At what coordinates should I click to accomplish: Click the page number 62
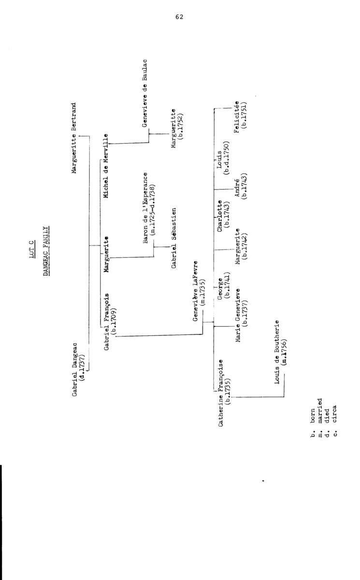click(x=179, y=17)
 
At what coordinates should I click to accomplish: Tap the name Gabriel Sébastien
click(x=173, y=238)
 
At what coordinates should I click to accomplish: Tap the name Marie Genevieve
click(x=238, y=316)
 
